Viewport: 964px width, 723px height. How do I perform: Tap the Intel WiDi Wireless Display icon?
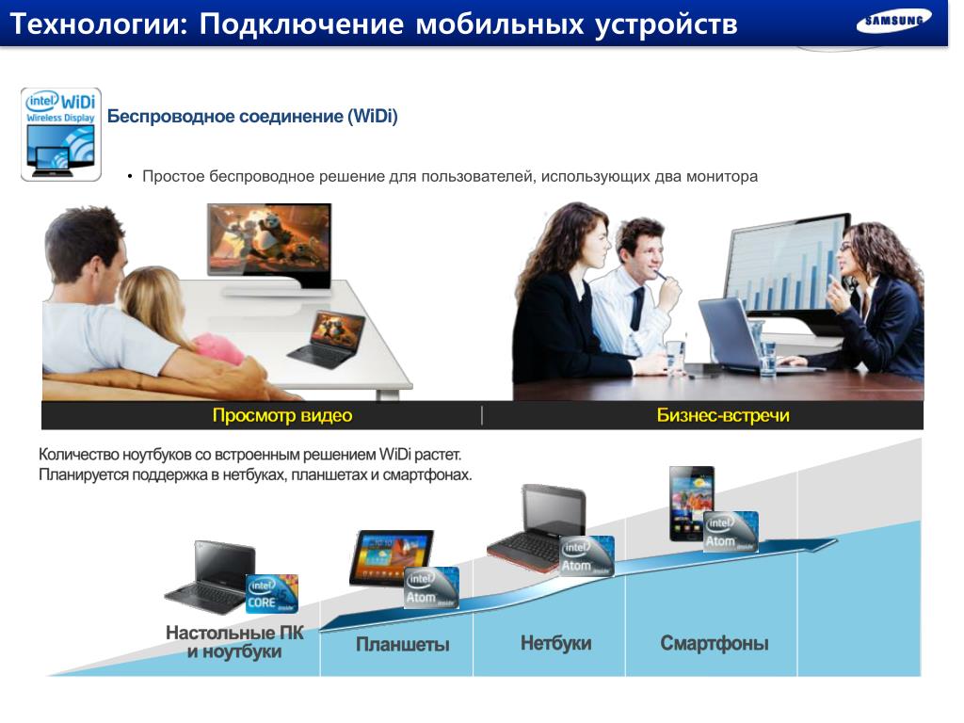(61, 135)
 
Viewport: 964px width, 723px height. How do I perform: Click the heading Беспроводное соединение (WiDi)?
(252, 116)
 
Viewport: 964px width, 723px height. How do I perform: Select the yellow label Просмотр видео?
(282, 415)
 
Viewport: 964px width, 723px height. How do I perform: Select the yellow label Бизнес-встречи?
(723, 415)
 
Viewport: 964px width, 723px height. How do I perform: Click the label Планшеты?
(403, 644)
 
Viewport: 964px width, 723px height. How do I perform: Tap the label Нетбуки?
(555, 643)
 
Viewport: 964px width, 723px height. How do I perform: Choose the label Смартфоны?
(715, 643)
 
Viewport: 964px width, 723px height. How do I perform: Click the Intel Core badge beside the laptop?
(272, 593)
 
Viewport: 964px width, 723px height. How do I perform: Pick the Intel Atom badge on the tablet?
(431, 587)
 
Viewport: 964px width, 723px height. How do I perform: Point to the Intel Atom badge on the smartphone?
(731, 531)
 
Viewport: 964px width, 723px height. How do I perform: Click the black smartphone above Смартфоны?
(692, 504)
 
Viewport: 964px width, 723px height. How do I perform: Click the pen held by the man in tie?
(662, 276)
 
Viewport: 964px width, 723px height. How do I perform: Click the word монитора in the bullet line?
(722, 176)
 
